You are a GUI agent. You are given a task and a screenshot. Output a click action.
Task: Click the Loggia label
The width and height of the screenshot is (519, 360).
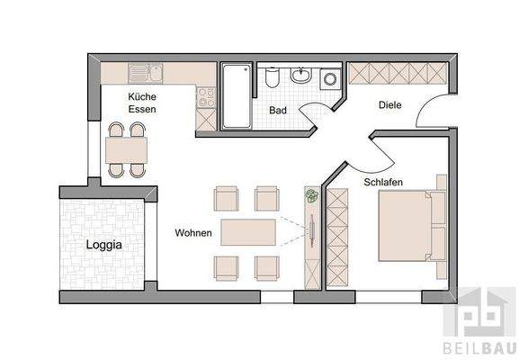[x=104, y=244]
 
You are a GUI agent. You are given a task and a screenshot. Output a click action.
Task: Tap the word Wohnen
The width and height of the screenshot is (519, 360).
[x=193, y=233]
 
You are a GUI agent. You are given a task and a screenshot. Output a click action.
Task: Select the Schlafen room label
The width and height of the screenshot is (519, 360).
[x=382, y=182]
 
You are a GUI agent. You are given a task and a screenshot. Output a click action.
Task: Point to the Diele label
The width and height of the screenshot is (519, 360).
[x=389, y=105]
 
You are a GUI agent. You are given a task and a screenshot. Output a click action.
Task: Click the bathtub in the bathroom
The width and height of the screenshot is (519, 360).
[x=237, y=96]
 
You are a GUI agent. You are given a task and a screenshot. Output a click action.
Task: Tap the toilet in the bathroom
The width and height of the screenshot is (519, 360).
[x=273, y=78]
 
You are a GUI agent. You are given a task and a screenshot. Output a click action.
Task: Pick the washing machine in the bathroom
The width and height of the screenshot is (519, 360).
[x=329, y=78]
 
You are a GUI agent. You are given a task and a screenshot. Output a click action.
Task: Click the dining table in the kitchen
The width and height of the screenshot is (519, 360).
[x=126, y=148]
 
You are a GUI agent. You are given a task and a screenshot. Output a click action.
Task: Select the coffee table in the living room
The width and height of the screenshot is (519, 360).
[x=248, y=232]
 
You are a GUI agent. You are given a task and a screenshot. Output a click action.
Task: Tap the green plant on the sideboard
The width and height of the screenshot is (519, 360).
[x=311, y=195]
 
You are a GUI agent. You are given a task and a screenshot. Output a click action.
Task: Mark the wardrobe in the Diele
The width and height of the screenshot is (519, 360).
[x=397, y=73]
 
